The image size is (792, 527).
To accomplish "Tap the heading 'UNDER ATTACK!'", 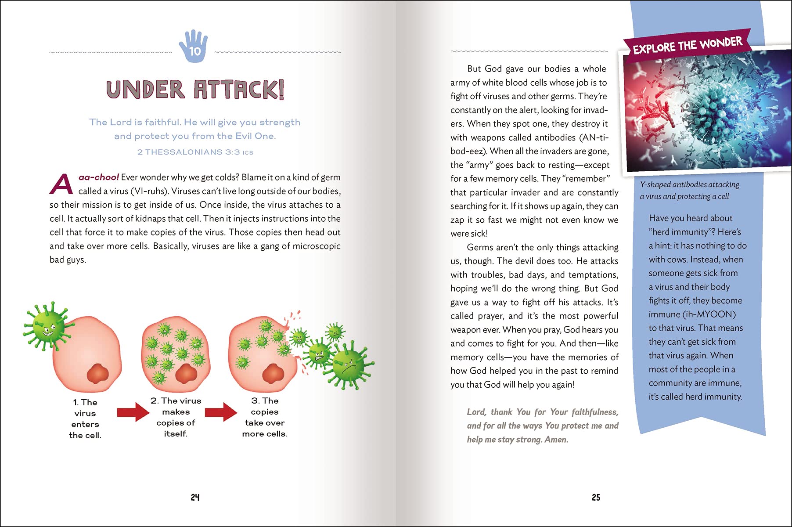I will (195, 89).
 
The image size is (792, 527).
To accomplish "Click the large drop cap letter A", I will (61, 184).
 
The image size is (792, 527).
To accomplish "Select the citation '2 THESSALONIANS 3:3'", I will (188, 152).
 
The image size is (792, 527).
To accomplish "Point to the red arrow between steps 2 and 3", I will (221, 412).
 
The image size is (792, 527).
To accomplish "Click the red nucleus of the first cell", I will (97, 374).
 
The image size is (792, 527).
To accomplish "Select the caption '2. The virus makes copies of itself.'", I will (176, 417).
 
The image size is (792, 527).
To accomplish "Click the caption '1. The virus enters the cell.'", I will (85, 419).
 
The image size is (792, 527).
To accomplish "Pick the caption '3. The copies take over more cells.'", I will (265, 417).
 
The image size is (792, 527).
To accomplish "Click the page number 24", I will (195, 497).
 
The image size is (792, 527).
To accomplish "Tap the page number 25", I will (596, 497).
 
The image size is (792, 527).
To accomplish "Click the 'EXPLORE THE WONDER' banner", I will (688, 45).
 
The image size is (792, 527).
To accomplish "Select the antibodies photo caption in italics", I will (689, 190).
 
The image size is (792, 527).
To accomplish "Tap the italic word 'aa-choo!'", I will (98, 177).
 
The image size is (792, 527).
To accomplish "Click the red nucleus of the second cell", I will (186, 374).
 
